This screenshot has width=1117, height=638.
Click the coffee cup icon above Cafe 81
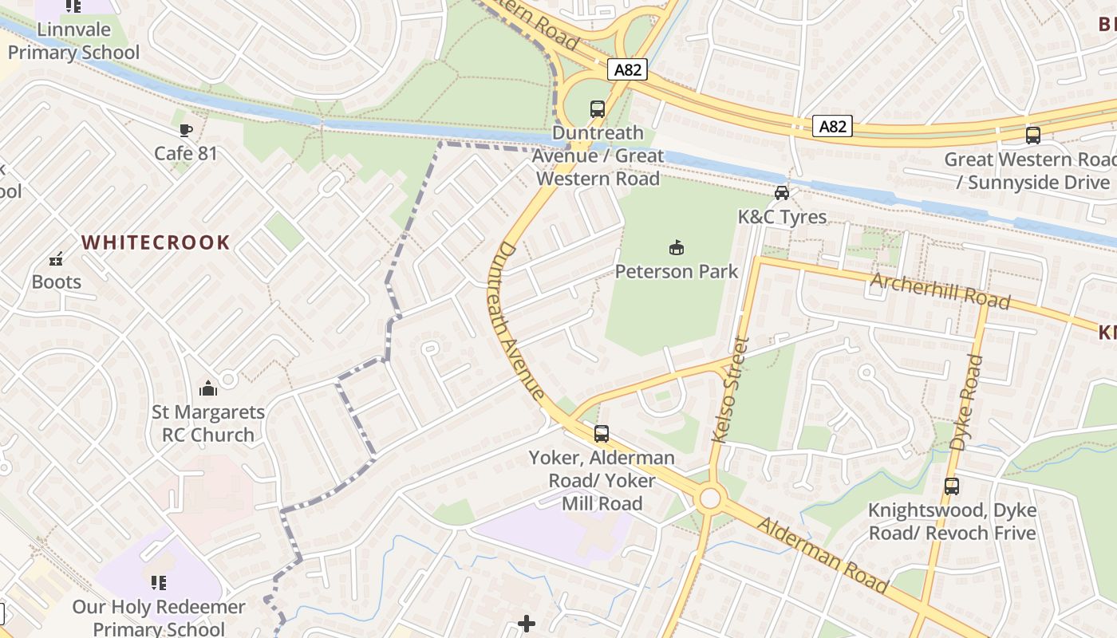[x=186, y=130]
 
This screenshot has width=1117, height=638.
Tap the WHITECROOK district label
[x=156, y=242]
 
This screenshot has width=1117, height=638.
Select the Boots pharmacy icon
[x=56, y=259]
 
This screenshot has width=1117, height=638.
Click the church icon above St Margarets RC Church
[x=208, y=389]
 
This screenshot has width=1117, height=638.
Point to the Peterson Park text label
[x=677, y=271]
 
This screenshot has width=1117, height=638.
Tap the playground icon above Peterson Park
[x=677, y=249]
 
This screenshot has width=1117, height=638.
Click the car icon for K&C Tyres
[x=782, y=193]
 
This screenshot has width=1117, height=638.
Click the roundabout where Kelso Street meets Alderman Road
[x=708, y=499]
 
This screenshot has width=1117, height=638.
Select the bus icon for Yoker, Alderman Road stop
[x=602, y=434]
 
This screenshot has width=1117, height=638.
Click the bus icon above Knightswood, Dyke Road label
[x=952, y=486]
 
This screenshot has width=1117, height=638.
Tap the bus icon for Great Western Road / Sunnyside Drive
[x=1033, y=136]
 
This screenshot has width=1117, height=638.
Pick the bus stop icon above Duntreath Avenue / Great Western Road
[x=598, y=109]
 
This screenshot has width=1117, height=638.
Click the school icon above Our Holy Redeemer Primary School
[x=159, y=583]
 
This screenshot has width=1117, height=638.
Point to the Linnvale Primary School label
[x=73, y=41]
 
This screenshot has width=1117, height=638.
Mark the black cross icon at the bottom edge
[x=527, y=624]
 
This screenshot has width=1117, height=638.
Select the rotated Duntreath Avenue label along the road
[x=519, y=321]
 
